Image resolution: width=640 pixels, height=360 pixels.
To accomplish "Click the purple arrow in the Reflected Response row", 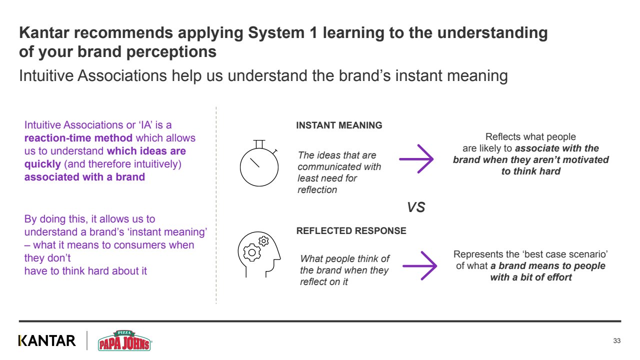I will [x=420, y=265].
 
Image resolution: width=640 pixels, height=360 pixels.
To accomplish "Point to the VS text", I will [x=416, y=207].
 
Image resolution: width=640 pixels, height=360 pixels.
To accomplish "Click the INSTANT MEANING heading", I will [x=339, y=125].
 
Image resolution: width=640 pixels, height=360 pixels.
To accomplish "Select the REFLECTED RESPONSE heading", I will [x=351, y=231].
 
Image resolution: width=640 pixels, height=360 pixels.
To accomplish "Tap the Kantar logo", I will [x=47, y=341].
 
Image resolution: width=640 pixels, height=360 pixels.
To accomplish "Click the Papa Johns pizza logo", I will [x=124, y=340].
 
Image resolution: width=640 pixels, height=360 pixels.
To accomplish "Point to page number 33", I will [x=616, y=341].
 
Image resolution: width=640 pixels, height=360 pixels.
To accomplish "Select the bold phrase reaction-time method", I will [x=78, y=138].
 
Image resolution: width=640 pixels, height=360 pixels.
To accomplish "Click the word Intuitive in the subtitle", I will [x=48, y=76].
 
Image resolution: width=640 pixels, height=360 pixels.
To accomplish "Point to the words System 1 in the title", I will [x=280, y=33].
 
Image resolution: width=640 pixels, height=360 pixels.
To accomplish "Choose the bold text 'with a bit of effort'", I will [x=531, y=277].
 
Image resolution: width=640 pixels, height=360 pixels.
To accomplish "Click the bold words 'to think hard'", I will [x=531, y=171].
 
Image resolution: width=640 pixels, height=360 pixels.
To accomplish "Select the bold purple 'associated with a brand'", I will [x=84, y=177].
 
